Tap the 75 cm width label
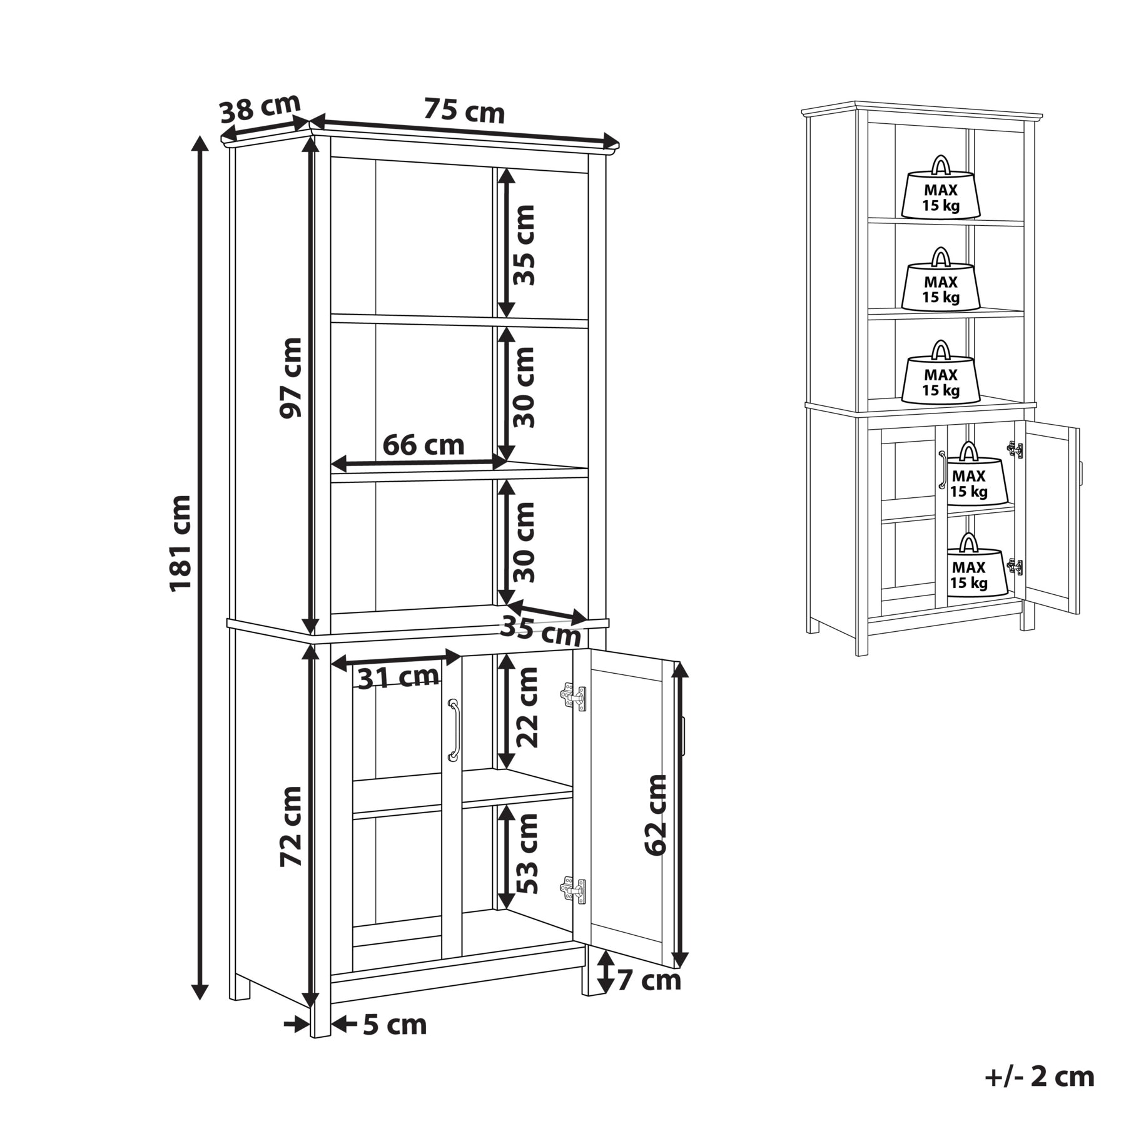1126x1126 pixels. pyautogui.click(x=464, y=111)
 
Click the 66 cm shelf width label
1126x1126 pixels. pyautogui.click(x=424, y=445)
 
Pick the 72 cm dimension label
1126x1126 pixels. pyautogui.click(x=291, y=826)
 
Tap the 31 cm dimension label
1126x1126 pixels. pyautogui.click(x=398, y=677)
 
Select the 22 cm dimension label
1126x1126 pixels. pyautogui.click(x=526, y=708)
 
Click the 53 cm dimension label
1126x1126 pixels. pyautogui.click(x=526, y=853)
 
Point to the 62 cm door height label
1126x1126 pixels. pyautogui.click(x=656, y=815)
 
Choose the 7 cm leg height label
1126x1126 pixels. pyautogui.click(x=649, y=980)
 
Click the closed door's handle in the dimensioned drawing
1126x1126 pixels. pyautogui.click(x=454, y=730)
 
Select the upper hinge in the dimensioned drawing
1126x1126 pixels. pyautogui.click(x=573, y=697)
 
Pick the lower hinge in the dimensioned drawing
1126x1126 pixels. pyautogui.click(x=573, y=890)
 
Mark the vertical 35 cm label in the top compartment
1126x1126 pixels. pyautogui.click(x=524, y=245)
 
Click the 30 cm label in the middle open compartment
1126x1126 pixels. pyautogui.click(x=524, y=387)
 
